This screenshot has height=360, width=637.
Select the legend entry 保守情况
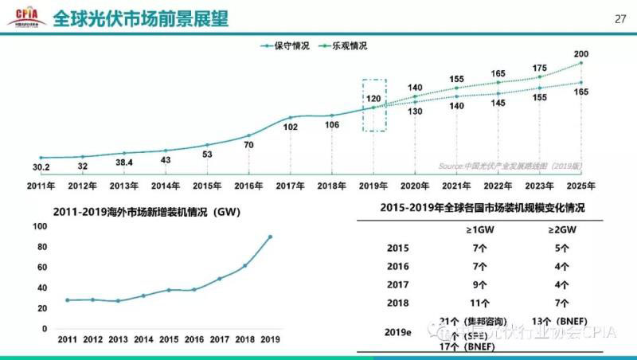[286, 45]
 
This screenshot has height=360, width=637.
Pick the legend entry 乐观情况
[343, 45]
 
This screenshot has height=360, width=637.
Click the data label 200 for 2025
[581, 54]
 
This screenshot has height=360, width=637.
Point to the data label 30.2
[41, 168]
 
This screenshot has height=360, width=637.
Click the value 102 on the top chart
[291, 127]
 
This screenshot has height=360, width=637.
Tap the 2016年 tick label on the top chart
[249, 186]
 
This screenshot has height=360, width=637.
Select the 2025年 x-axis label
[581, 186]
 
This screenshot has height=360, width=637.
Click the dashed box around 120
[374, 104]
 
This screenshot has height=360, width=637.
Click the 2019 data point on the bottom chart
[270, 237]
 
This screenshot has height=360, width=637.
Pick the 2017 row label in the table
[397, 284]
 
